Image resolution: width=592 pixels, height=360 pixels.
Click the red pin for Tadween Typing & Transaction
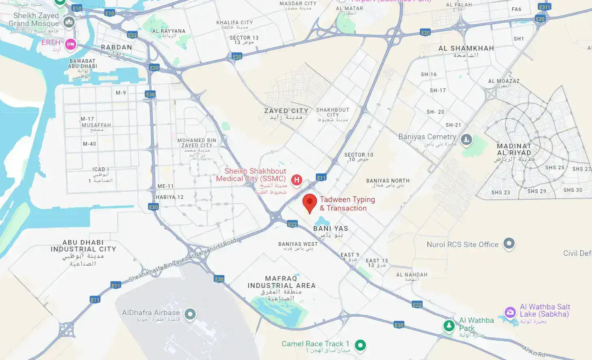(310, 202)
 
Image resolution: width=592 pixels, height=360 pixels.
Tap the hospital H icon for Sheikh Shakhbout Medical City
(297, 180)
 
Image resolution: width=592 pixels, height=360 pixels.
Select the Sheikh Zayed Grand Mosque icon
(69, 22)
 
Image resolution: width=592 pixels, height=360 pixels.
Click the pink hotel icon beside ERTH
(71, 44)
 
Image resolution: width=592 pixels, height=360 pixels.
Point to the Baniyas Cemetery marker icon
(466, 140)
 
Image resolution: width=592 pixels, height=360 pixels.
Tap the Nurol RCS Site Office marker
(509, 243)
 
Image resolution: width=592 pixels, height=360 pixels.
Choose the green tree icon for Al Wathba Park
(449, 325)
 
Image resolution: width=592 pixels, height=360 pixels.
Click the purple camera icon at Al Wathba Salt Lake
(510, 312)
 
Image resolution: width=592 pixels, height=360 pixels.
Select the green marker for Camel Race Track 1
(360, 345)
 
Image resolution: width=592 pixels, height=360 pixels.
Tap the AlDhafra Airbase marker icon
(190, 313)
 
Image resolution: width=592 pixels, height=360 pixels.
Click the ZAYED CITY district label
(286, 111)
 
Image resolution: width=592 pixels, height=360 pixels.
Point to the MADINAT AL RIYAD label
(514, 149)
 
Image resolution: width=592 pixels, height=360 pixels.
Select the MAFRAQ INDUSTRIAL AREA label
(281, 282)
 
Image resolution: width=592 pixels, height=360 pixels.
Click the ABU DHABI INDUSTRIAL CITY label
(83, 246)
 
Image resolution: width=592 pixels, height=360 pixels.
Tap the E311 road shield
(545, 7)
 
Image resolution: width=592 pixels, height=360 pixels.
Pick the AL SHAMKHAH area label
(466, 48)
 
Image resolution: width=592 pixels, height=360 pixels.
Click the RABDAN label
(116, 47)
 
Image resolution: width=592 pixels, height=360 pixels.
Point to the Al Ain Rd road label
(534, 351)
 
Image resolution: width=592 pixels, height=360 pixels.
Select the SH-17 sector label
(438, 91)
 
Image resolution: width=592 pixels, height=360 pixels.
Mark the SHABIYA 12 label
(168, 197)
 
